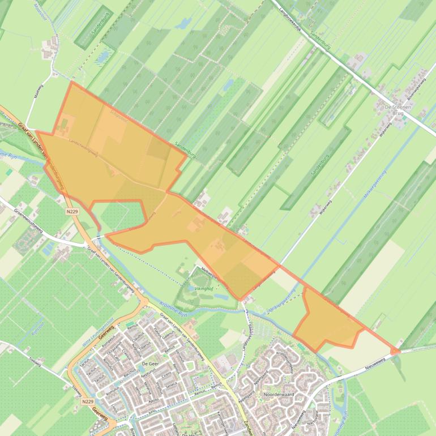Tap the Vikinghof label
tap(203, 288)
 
